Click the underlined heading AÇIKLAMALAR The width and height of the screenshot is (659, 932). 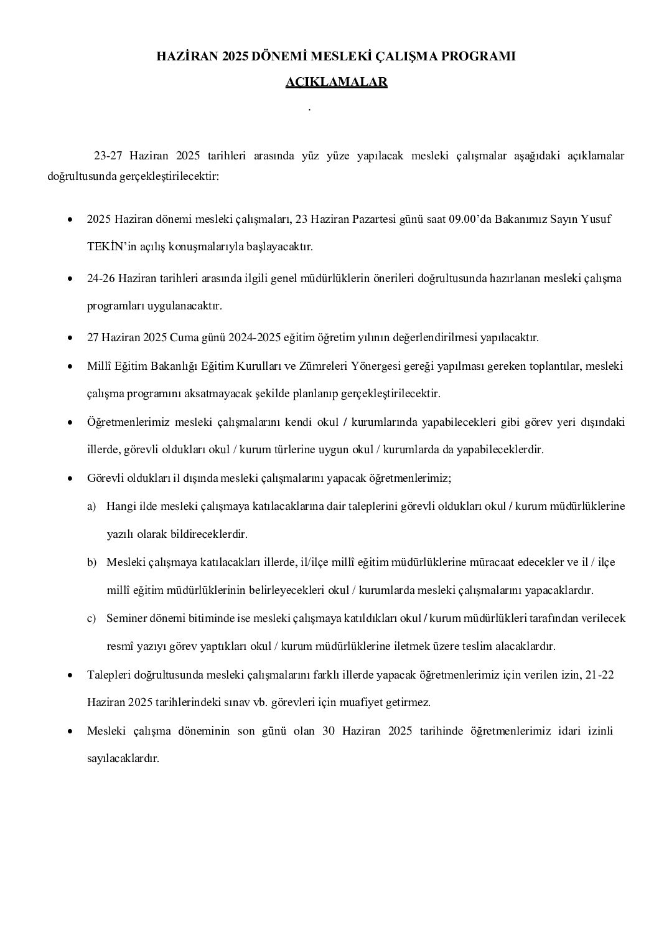(x=336, y=82)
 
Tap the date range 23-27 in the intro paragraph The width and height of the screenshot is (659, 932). (x=108, y=155)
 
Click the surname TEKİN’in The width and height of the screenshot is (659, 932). (x=108, y=247)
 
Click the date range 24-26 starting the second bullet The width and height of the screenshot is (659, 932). (x=100, y=278)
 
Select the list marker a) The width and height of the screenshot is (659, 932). (x=91, y=506)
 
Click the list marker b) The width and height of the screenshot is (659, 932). (x=91, y=562)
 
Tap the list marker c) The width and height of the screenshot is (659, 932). (x=91, y=618)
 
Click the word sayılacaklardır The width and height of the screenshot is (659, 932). (x=123, y=758)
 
